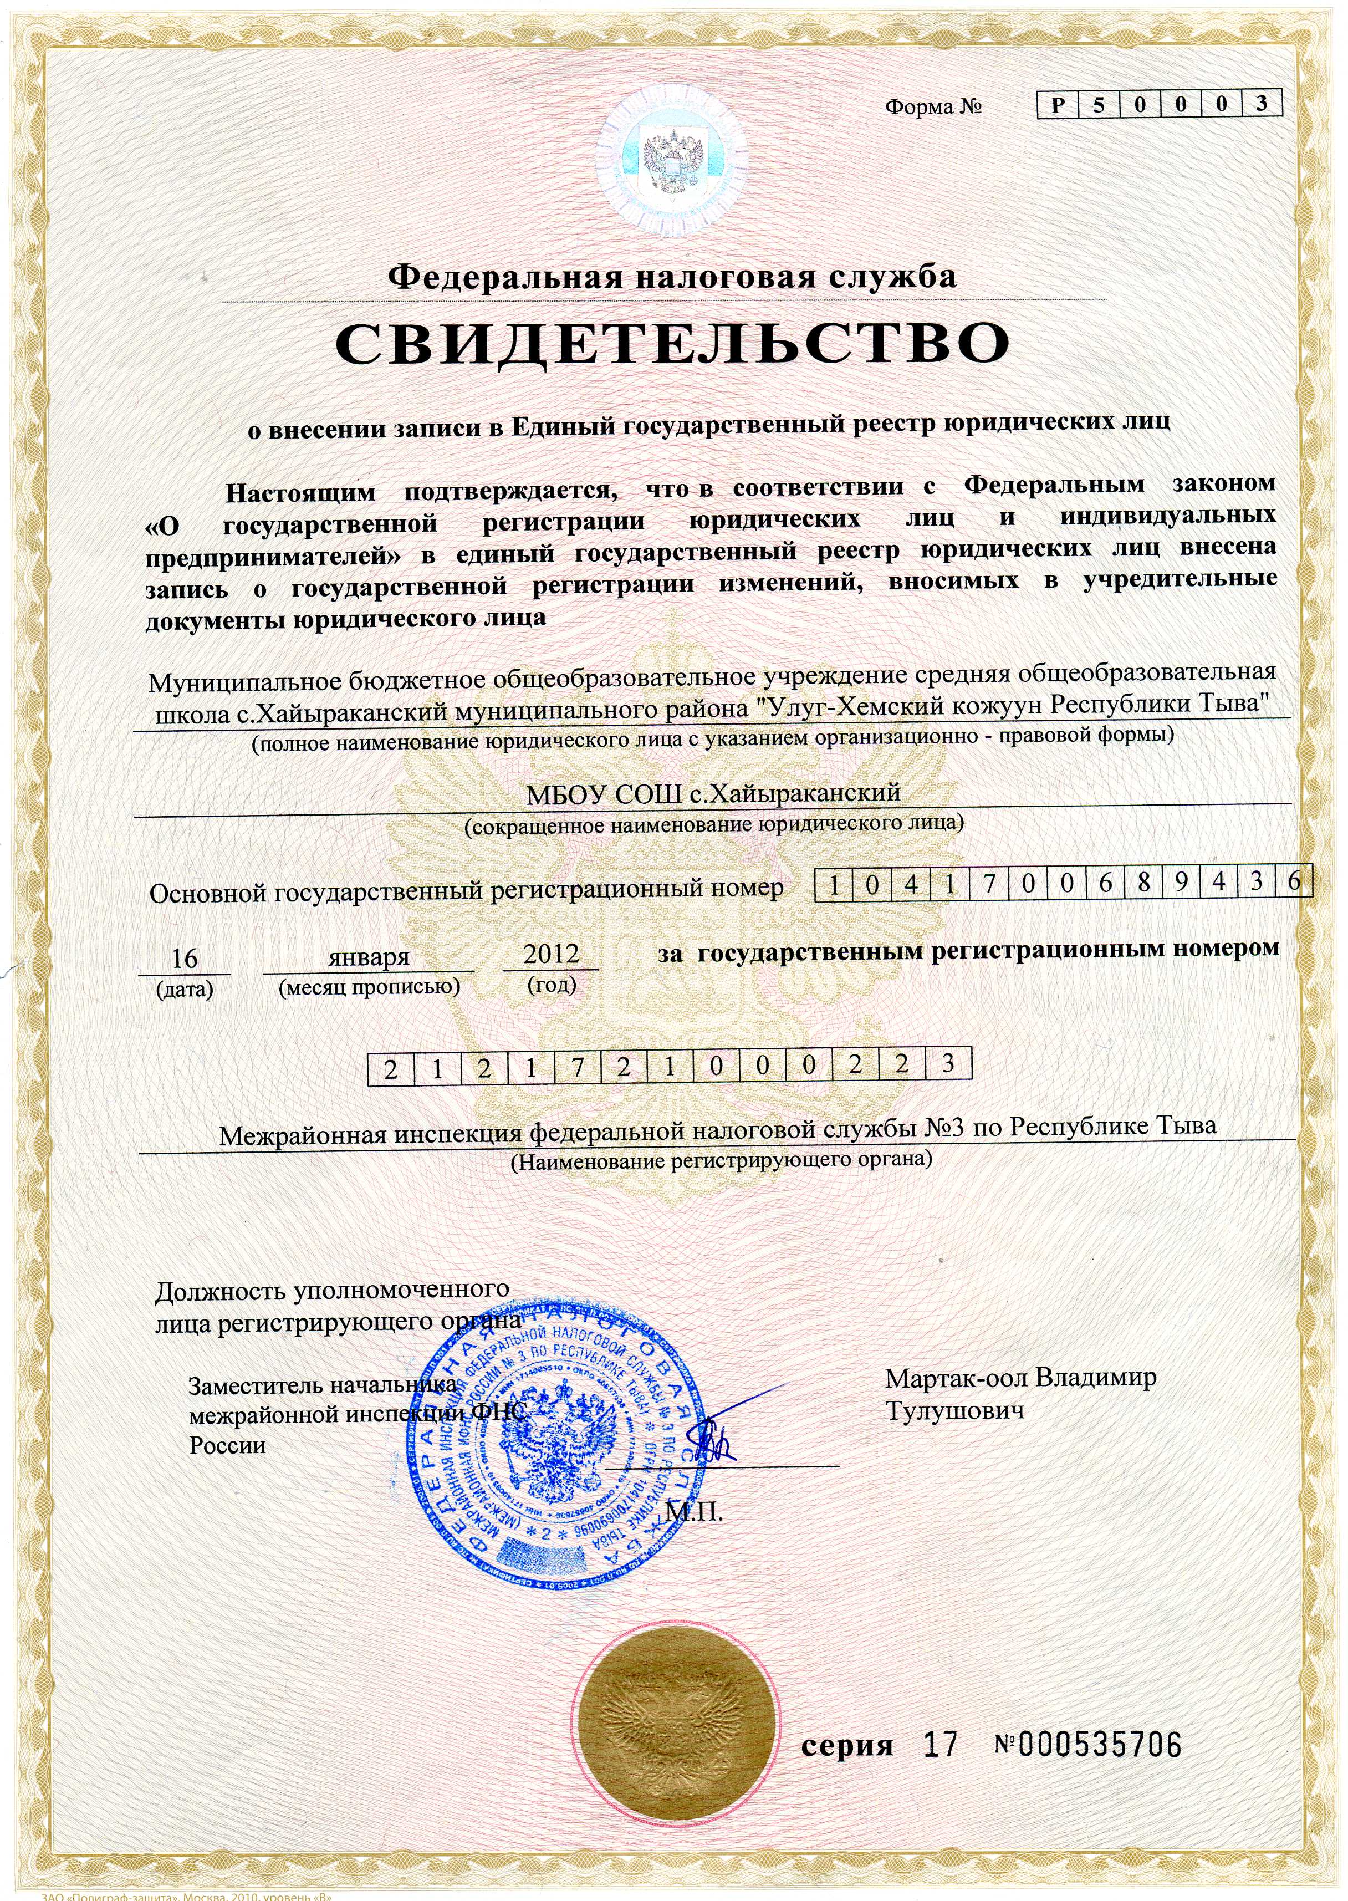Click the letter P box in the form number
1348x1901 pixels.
1058,105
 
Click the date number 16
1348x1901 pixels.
183,958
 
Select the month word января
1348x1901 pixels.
369,956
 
